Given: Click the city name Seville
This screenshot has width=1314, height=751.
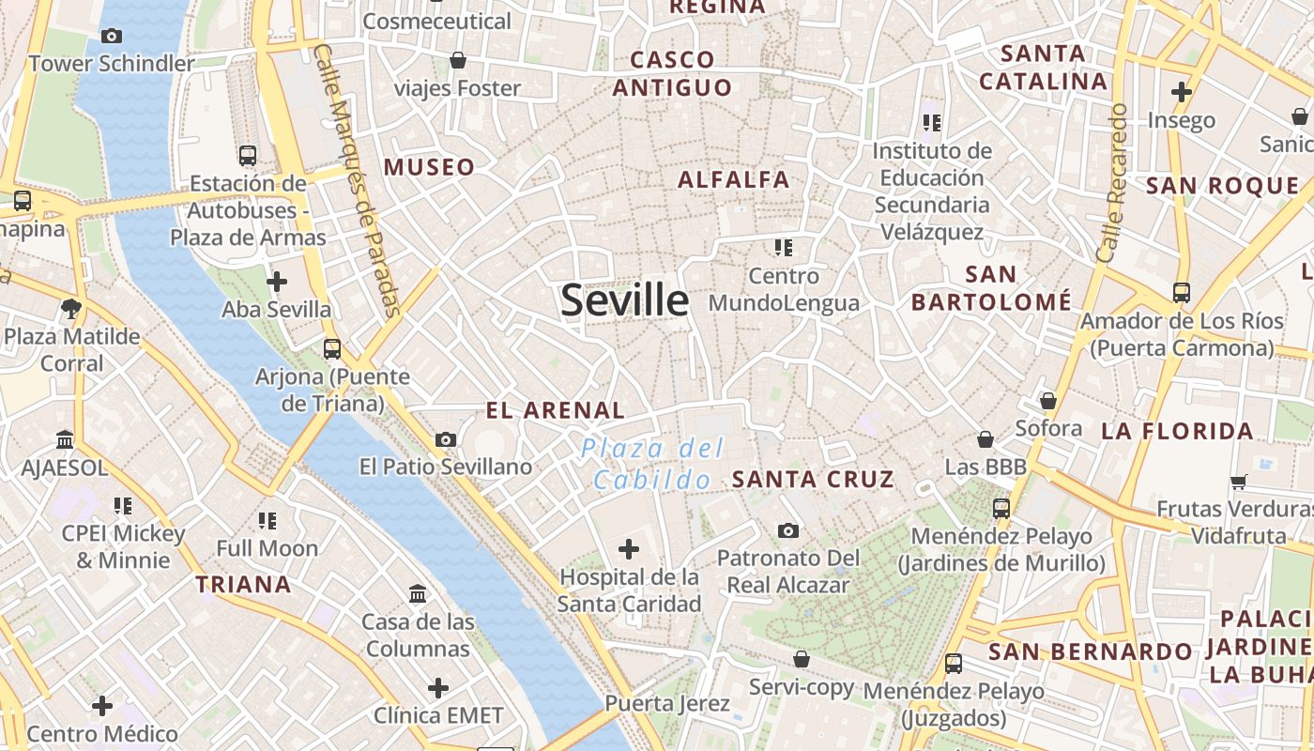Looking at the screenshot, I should pos(624,299).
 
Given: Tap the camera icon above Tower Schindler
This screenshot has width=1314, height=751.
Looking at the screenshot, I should pos(112,37).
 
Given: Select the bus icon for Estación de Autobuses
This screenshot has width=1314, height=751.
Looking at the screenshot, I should pos(248,156).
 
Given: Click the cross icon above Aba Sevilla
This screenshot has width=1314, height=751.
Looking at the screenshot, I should pos(277,282).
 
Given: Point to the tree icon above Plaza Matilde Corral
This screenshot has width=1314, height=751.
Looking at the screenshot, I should pos(70,308).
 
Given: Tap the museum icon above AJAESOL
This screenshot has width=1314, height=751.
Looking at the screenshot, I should pos(65,439).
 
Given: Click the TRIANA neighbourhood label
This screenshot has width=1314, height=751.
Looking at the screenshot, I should pos(243,584).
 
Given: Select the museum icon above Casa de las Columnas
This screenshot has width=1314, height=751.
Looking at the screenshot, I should pos(418,593).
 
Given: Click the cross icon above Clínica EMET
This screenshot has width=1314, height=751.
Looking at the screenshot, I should pos(438,688).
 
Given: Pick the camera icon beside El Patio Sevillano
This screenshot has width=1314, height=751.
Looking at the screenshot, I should pos(446,439).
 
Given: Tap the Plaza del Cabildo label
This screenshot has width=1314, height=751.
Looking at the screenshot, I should pos(654,464).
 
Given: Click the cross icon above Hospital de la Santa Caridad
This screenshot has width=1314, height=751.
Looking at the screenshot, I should pos(629,548).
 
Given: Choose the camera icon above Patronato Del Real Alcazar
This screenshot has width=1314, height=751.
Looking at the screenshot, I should pos(788,530).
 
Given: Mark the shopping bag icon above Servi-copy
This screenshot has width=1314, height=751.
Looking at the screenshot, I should pos(802,659).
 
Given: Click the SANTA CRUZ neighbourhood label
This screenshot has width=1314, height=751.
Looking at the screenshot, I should pos(813,479).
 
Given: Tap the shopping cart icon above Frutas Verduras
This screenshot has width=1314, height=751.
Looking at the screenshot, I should pos(1238,482).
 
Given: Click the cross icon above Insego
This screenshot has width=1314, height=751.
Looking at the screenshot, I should pos(1181,92).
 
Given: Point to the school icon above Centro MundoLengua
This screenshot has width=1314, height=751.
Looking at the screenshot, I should pos(784,248).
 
